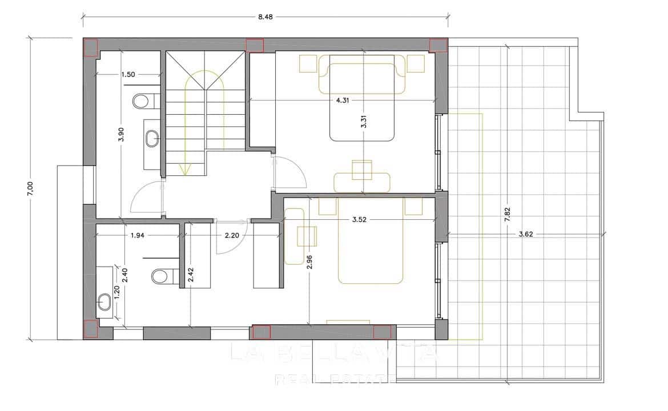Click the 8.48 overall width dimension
point(264,17)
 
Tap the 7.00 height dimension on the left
point(31,188)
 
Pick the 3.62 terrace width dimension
point(526,234)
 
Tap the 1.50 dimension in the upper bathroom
point(128,74)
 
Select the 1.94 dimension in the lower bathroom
point(138,235)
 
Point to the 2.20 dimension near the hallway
point(231,235)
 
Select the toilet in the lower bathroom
point(160,277)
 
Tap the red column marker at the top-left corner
point(91,47)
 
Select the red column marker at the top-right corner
point(438,45)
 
